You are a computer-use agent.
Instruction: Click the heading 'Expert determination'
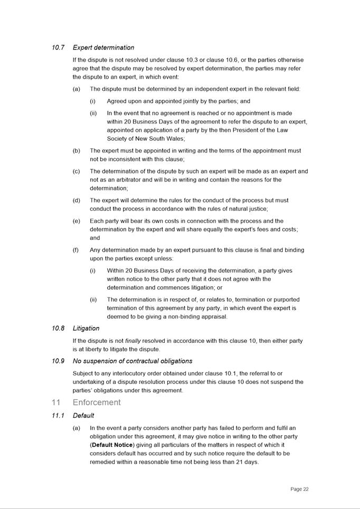[x=103, y=47]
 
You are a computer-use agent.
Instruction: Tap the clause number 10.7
[x=58, y=47]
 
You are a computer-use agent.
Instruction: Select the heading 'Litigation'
[x=86, y=328]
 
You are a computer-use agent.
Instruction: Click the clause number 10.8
[x=58, y=328]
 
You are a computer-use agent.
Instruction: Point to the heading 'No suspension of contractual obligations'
[x=132, y=361]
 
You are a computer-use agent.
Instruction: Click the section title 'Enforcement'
[x=97, y=402]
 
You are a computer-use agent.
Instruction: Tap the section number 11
[x=56, y=402]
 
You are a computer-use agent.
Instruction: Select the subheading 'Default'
[x=83, y=415]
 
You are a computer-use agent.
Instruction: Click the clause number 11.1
[x=58, y=415]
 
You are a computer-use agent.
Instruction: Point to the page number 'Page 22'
[x=299, y=489]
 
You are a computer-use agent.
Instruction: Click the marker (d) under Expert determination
[x=77, y=200]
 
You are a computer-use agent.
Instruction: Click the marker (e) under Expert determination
[x=77, y=221]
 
